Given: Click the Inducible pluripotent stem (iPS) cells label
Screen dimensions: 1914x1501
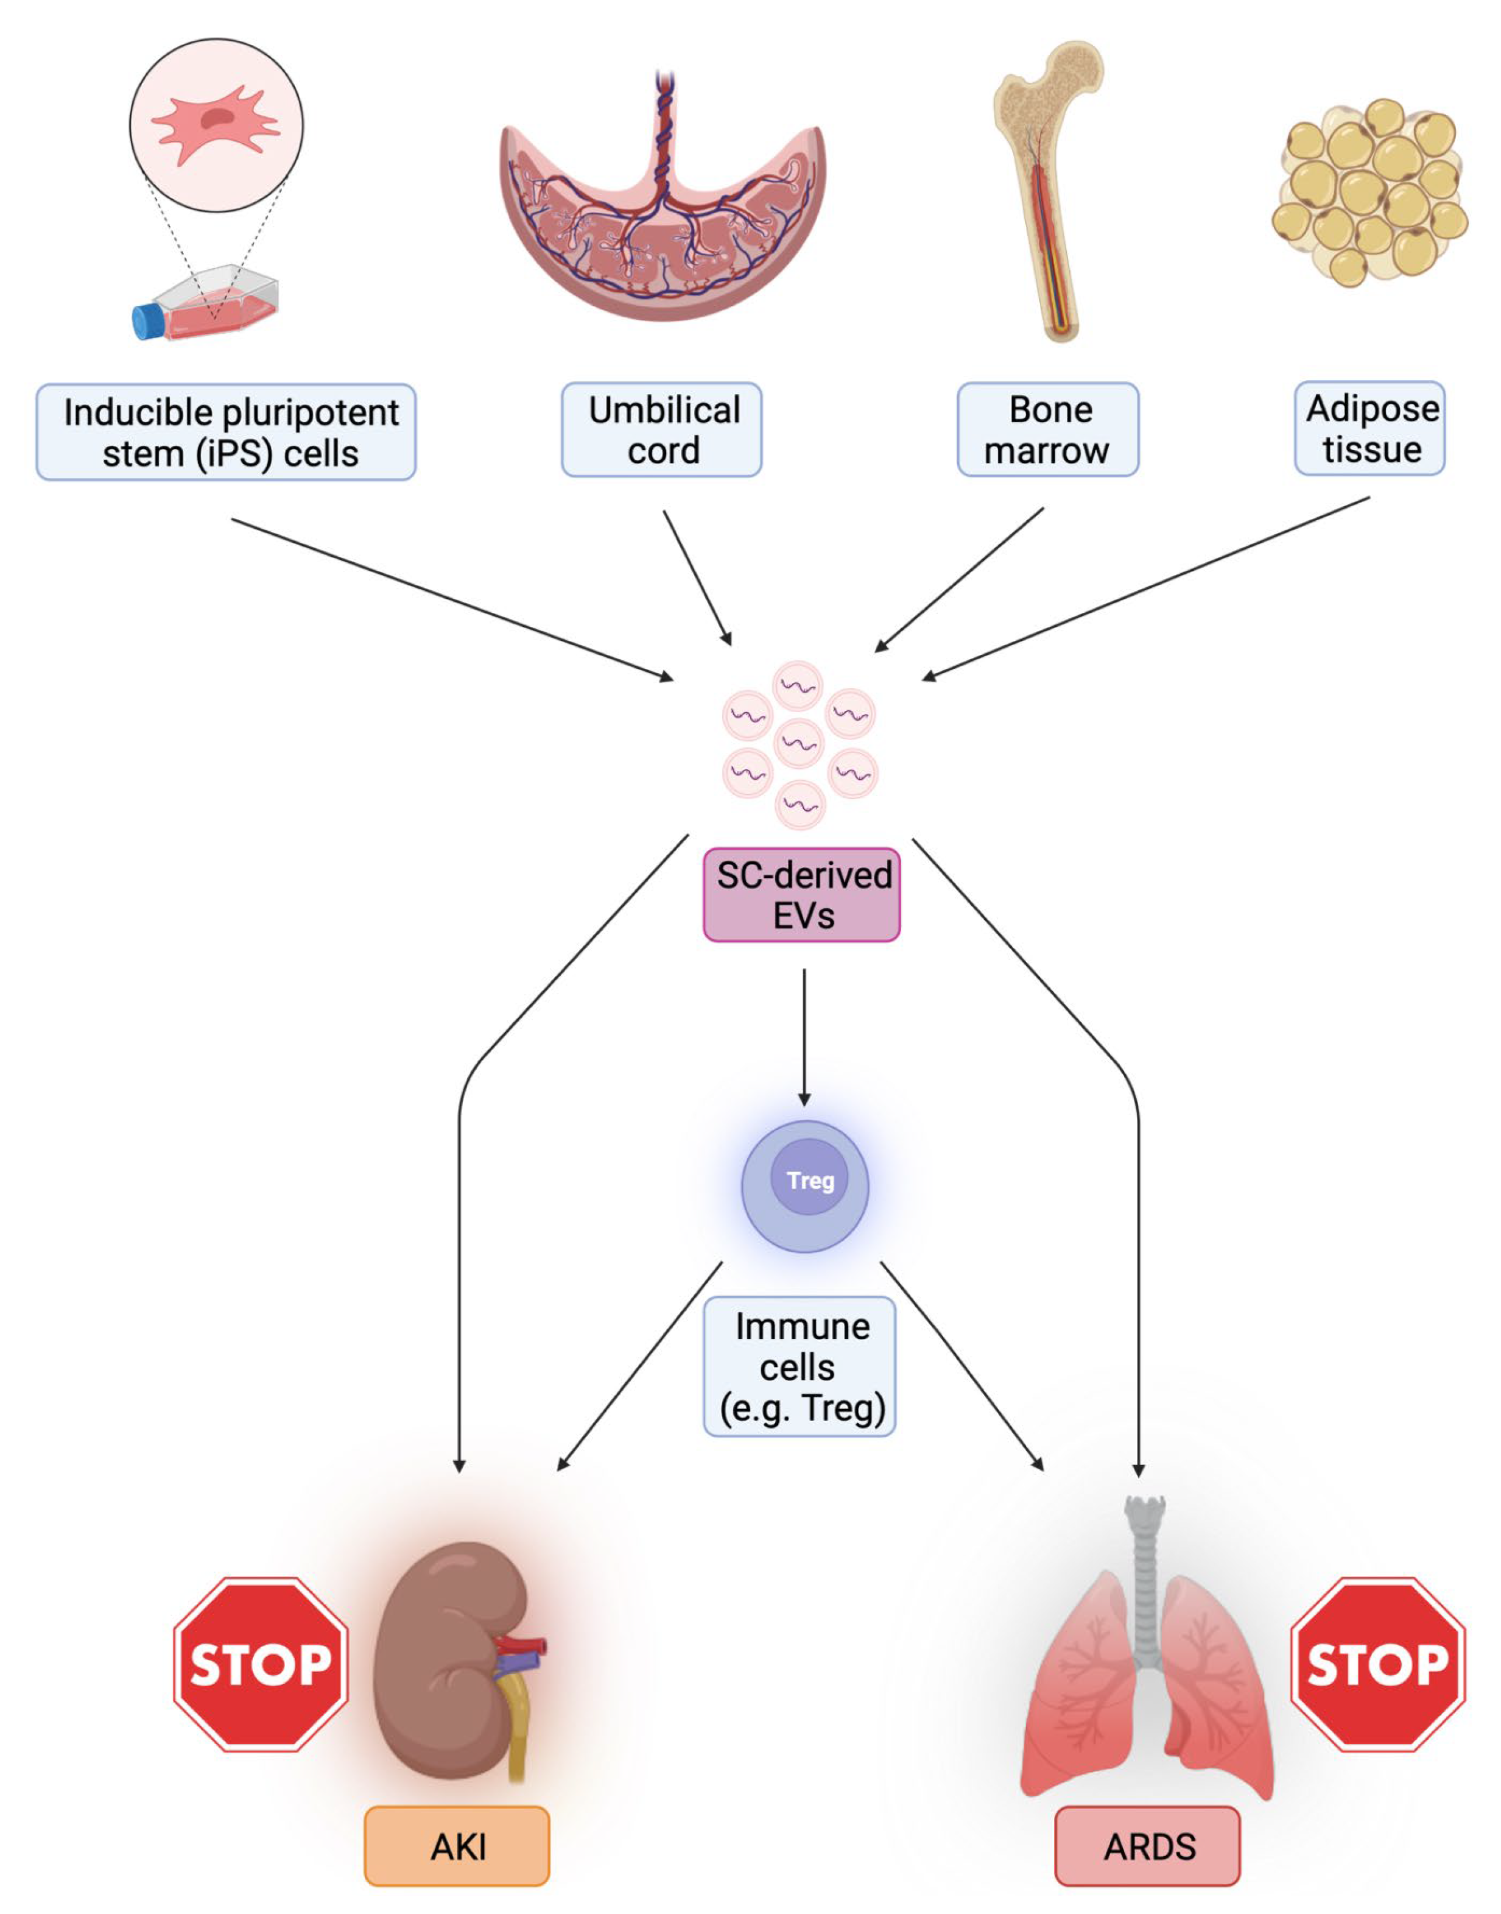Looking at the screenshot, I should click(226, 432).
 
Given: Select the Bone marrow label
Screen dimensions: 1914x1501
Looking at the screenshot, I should click(1047, 430).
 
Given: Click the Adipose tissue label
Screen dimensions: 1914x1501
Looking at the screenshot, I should click(1370, 429).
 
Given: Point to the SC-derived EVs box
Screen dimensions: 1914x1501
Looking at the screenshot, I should click(801, 895).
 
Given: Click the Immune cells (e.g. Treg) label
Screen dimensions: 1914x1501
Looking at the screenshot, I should click(799, 1367).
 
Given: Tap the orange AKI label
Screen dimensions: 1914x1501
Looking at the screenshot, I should click(457, 1846).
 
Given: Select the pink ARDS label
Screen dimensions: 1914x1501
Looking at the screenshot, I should click(1148, 1846).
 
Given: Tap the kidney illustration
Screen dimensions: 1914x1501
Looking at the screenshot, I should click(444, 1662).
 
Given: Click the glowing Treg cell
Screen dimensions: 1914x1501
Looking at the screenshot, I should click(805, 1186).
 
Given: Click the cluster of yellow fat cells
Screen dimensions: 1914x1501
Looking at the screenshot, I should click(1370, 192).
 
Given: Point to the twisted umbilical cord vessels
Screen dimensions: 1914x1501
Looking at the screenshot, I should click(664, 132).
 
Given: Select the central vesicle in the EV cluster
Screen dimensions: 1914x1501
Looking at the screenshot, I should click(799, 744).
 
